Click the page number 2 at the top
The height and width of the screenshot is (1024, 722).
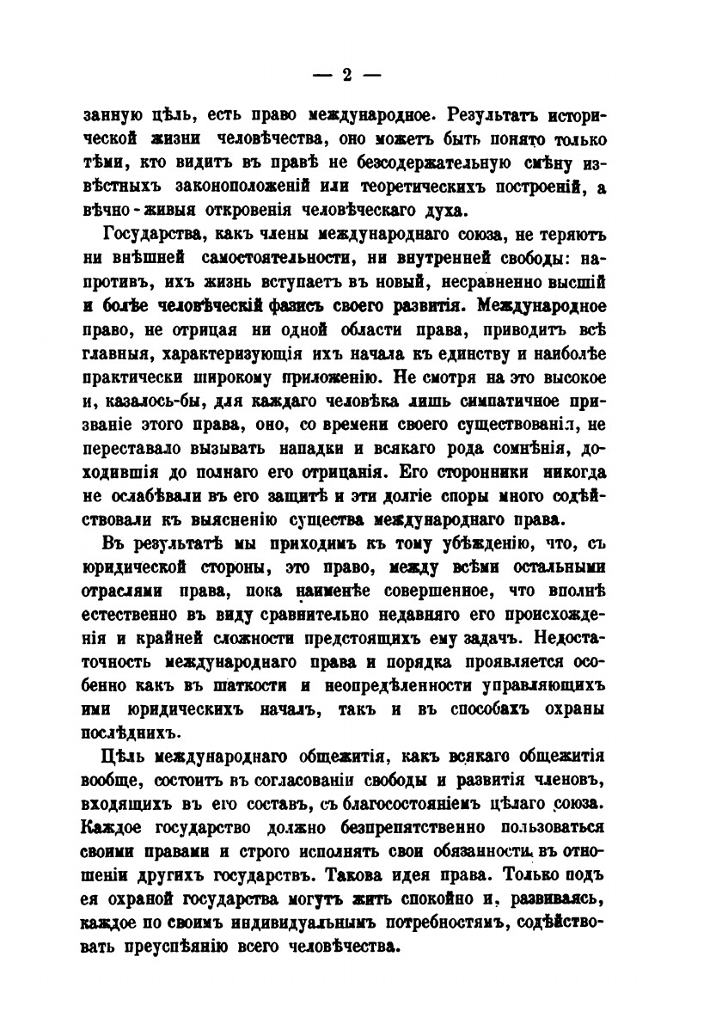coord(347,75)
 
